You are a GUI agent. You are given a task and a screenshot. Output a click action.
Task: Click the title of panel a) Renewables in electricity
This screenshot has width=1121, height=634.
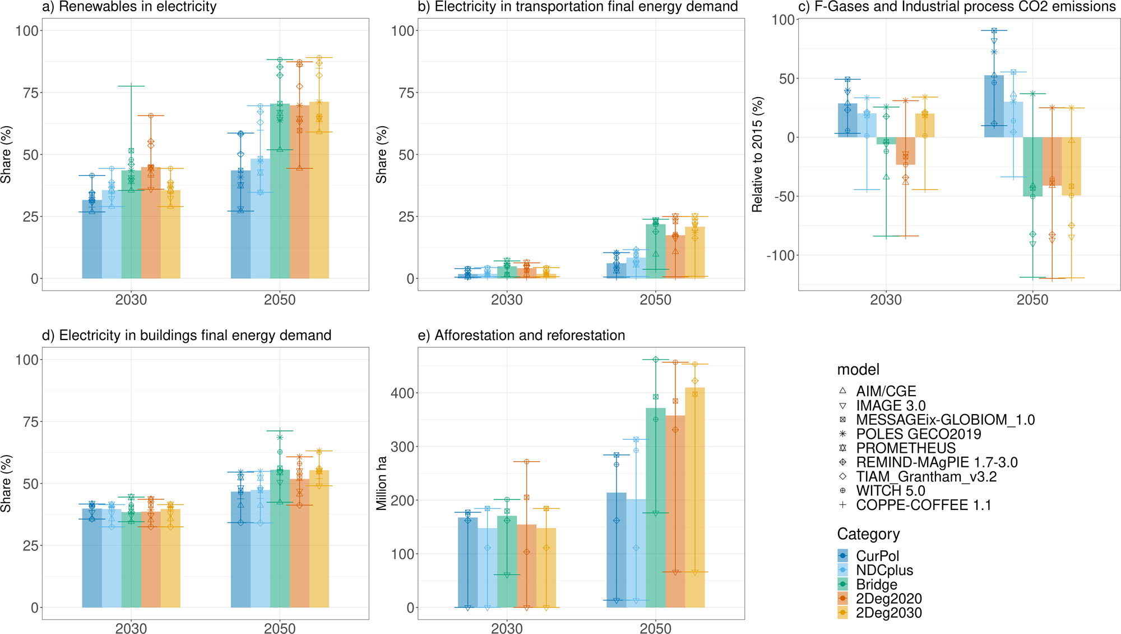[x=129, y=7]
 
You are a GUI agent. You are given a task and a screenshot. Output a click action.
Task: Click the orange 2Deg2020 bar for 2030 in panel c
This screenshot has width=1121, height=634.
[x=905, y=151]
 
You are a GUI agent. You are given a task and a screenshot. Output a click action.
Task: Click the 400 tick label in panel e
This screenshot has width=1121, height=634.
[x=402, y=393]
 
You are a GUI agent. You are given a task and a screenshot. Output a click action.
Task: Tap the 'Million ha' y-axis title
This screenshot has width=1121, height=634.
[x=382, y=483]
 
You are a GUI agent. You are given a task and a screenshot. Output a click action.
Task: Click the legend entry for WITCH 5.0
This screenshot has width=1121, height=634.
[x=890, y=491]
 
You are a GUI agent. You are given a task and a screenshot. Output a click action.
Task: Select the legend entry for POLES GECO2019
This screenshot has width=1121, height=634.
[x=918, y=434]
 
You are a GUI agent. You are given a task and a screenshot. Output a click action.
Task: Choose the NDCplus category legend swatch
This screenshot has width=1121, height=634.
[x=843, y=571]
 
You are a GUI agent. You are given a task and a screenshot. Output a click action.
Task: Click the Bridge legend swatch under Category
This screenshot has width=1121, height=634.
[x=843, y=585]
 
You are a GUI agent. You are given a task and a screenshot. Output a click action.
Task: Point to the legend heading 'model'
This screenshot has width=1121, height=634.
[x=858, y=370]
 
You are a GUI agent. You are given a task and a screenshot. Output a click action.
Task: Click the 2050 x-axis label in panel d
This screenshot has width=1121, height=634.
[x=279, y=628]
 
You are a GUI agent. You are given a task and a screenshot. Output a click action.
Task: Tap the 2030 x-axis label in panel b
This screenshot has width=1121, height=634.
[x=507, y=300]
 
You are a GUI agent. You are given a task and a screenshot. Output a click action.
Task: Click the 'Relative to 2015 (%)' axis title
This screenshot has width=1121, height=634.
[x=757, y=154]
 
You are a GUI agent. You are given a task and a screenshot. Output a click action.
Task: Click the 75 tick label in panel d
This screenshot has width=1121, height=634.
[x=31, y=422]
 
